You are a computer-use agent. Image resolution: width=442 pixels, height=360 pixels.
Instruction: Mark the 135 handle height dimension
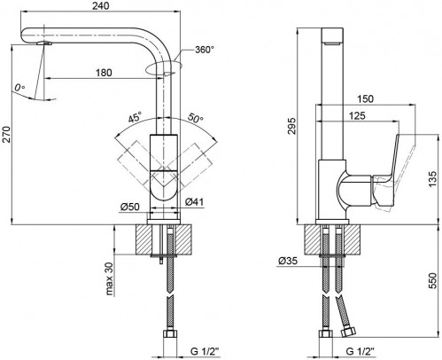431,177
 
